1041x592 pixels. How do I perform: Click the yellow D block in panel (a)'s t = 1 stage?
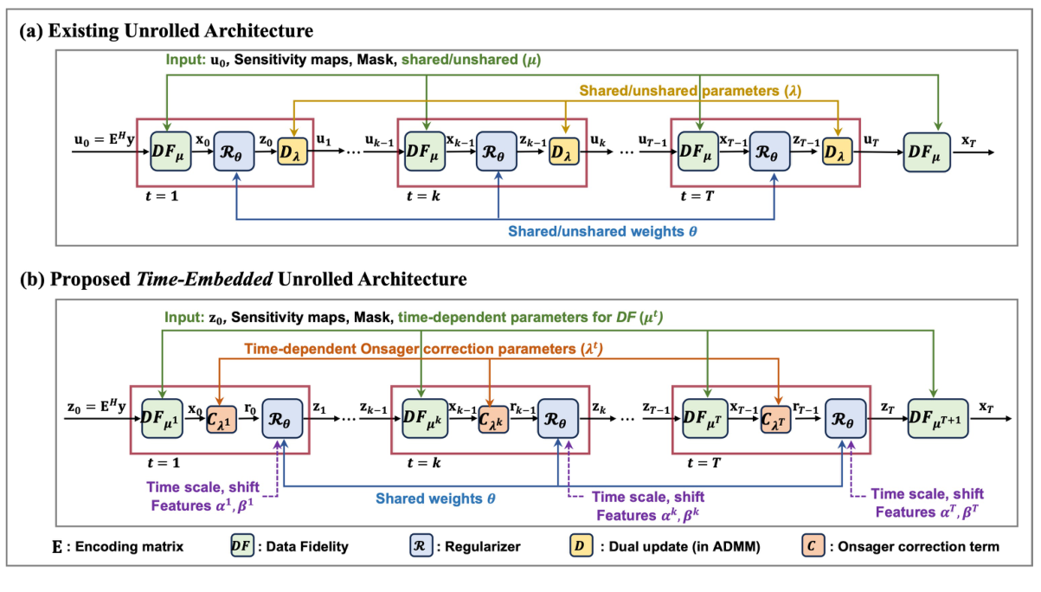point(292,151)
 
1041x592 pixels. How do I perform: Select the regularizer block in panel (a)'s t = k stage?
point(498,151)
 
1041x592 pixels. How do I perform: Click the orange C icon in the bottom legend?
point(812,546)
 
